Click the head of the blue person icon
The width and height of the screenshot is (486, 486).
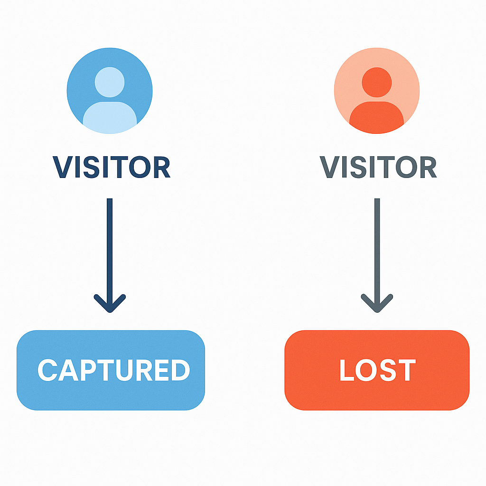110,82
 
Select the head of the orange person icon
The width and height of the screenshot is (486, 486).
376,82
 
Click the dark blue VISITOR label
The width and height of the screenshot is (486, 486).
111,167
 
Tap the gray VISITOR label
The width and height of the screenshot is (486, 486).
378,167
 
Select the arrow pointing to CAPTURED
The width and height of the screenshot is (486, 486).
110,247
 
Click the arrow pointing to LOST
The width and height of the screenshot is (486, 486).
377,247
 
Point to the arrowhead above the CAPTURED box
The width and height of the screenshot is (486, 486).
110,306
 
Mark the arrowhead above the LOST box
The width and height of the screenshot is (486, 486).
377,306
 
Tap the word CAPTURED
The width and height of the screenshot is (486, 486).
114,370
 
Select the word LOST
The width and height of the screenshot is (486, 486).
377,370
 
